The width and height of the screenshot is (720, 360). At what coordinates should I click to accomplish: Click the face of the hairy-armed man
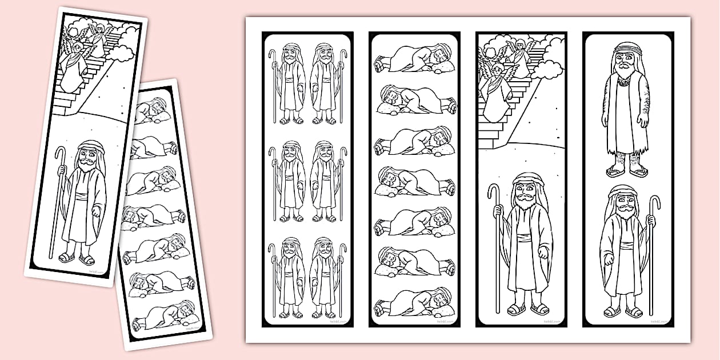coord(627,60)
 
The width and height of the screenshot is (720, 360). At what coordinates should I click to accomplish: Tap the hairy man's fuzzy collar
coord(627,82)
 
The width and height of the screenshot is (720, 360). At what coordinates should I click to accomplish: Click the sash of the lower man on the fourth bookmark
coord(627,246)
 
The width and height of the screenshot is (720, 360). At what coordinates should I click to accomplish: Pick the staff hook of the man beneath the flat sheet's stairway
coord(493,191)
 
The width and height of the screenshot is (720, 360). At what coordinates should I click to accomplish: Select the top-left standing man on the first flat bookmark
coord(290,83)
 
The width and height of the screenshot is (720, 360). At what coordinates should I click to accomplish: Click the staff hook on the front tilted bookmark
coord(61,153)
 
